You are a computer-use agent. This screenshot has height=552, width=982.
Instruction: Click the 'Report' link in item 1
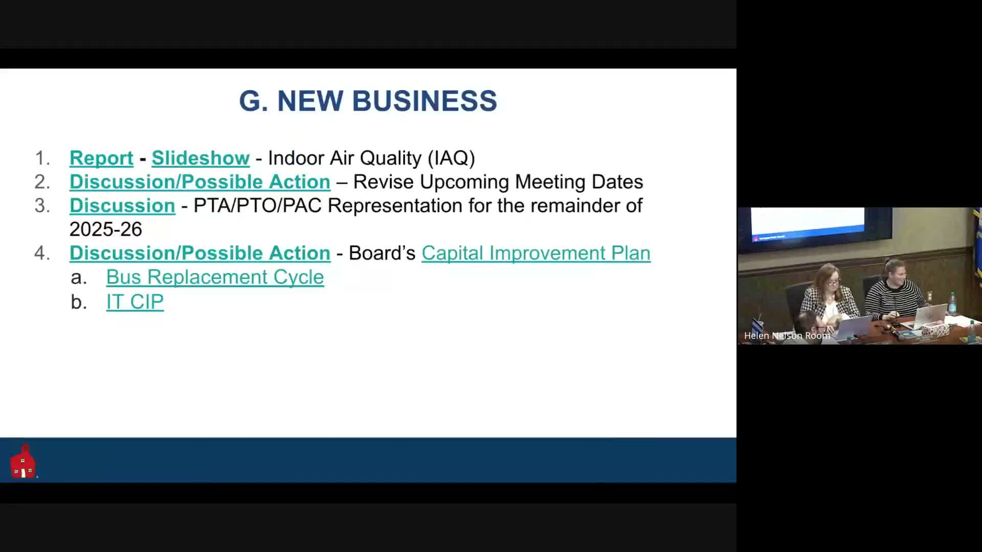pos(101,158)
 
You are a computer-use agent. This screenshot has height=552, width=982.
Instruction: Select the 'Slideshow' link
pos(200,158)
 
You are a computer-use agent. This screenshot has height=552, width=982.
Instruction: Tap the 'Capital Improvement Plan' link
pos(535,253)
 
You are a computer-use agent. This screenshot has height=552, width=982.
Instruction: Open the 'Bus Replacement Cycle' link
pos(215,277)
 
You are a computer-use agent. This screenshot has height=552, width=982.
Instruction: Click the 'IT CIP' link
pos(135,302)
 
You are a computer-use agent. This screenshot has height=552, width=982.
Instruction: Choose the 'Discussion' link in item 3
pos(122,205)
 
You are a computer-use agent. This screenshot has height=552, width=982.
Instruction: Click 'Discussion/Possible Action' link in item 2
pos(200,182)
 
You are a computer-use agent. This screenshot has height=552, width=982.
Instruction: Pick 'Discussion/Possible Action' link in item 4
pos(200,253)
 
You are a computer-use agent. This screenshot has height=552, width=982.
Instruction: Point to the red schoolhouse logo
pos(23,461)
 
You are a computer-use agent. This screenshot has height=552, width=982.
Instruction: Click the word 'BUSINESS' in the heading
pos(425,101)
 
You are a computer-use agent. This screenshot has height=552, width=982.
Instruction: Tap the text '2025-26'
pos(106,229)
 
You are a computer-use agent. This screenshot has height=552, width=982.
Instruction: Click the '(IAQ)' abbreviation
pos(451,158)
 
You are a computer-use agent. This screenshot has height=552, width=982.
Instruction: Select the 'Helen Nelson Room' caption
pos(787,336)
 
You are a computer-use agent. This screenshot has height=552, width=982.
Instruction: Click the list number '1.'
pos(42,158)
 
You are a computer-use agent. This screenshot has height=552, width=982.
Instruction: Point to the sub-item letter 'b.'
pos(79,302)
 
